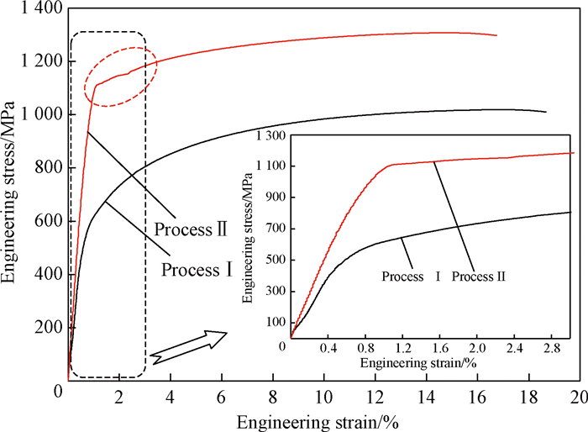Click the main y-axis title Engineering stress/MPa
[12, 202]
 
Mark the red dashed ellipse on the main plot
[120, 82]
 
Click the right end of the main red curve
[496, 35]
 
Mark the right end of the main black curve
[546, 112]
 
